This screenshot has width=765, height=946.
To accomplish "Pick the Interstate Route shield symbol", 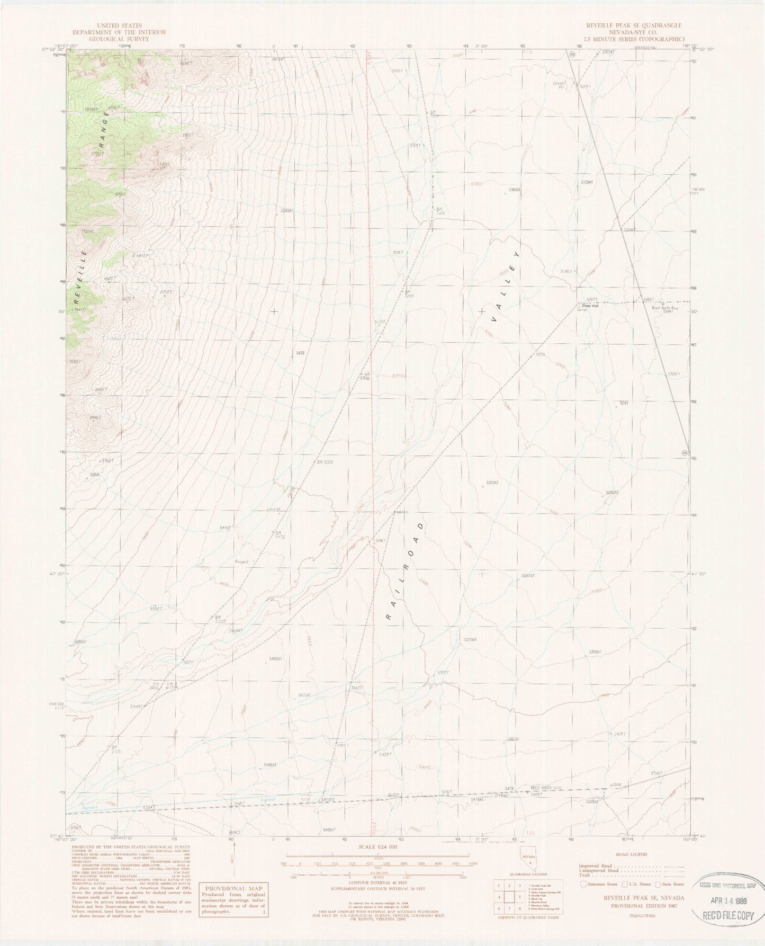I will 583,884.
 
